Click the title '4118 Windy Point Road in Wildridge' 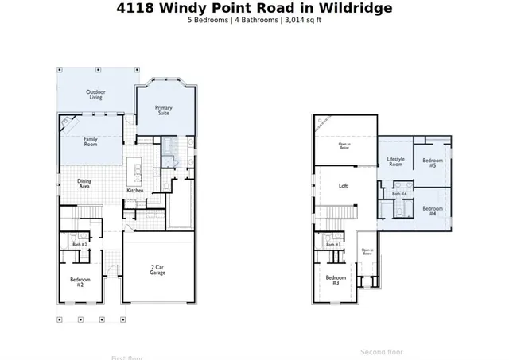point(254,9)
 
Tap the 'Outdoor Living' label point(95,95)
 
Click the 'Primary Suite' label point(164,110)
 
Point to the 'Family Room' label point(91,141)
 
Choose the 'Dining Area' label point(84,184)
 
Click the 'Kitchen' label point(135,191)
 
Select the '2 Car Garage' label point(157,270)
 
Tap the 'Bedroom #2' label point(80,281)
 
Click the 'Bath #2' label point(80,244)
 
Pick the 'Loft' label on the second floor point(344,185)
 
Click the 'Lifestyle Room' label point(396,161)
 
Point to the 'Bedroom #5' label point(433,163)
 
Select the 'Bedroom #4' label point(433,211)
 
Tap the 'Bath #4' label point(399,193)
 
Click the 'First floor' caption point(128,357)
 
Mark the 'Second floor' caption point(382,351)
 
